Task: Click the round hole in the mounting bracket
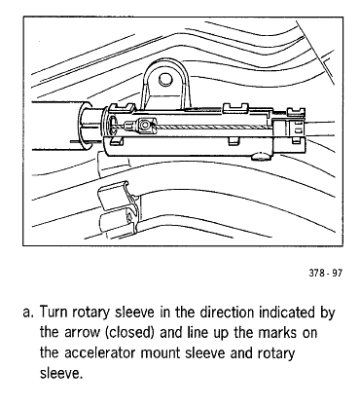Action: (165, 79)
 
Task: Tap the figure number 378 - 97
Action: (325, 273)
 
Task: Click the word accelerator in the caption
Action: (99, 353)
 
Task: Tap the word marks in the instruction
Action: (277, 333)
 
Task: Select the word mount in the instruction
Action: (161, 353)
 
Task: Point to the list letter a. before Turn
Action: (28, 313)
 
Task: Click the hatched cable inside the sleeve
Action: (213, 127)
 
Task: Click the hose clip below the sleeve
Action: (120, 206)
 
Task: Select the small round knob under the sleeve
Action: (262, 157)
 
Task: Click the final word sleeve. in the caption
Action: (59, 374)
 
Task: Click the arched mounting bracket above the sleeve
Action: (165, 86)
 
